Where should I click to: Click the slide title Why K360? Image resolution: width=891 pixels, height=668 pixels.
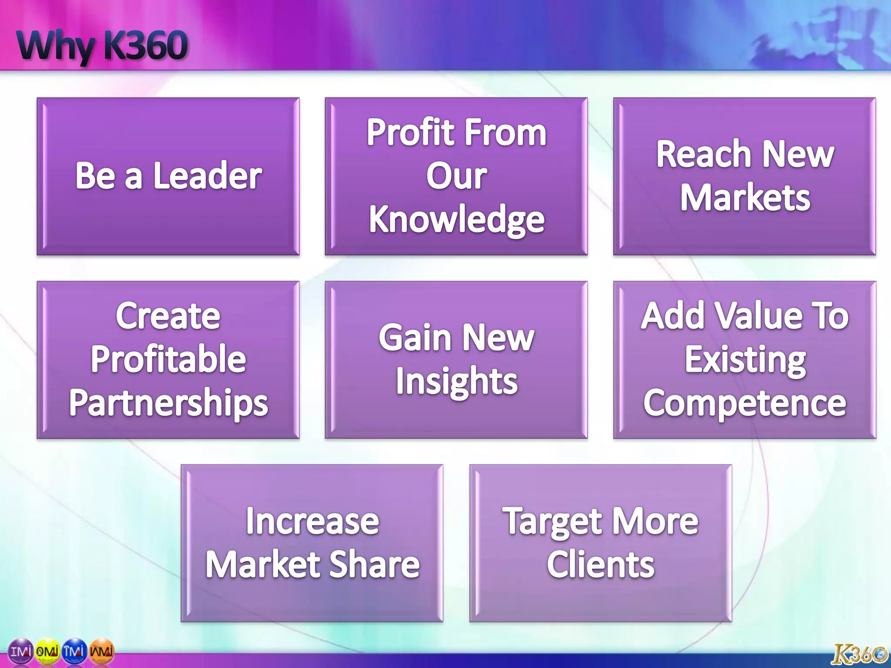(x=103, y=46)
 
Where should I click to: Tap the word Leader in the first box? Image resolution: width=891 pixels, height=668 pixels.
(x=208, y=175)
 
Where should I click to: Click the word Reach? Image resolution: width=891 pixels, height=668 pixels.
(x=703, y=154)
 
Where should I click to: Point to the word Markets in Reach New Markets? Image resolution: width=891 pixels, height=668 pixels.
(x=745, y=198)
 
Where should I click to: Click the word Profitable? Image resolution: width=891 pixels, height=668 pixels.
(x=168, y=359)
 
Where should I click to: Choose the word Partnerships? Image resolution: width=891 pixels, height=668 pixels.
(x=168, y=403)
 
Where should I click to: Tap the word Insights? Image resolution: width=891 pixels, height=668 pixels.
(x=456, y=381)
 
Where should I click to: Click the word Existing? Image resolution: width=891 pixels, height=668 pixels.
(x=745, y=360)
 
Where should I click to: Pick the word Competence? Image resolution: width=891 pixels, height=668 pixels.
(x=745, y=404)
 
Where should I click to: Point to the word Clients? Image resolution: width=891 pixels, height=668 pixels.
(x=600, y=564)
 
